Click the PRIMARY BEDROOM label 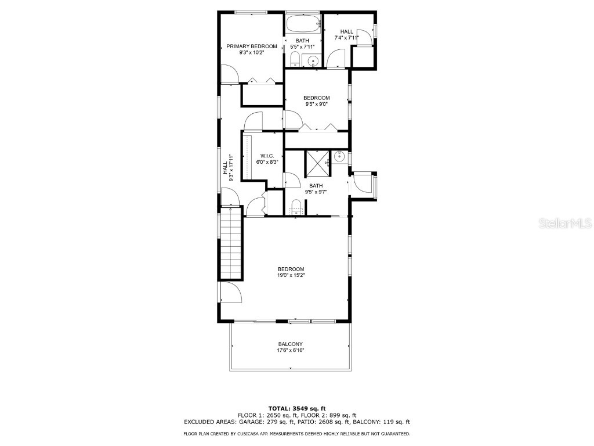251,46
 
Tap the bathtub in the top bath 303,24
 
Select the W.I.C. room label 267,156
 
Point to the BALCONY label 290,344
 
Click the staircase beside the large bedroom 231,244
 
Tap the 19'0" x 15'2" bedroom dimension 291,275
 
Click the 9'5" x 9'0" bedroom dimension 317,105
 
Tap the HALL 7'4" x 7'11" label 347,35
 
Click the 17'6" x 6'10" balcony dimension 290,350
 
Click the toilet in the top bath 295,59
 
